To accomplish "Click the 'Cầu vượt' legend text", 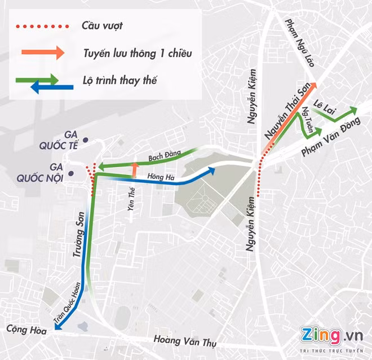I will coord(102,25).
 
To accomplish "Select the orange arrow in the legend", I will coord(43,52).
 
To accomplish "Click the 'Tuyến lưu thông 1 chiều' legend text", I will coord(138,53).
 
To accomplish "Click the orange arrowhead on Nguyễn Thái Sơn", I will coord(313,86).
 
